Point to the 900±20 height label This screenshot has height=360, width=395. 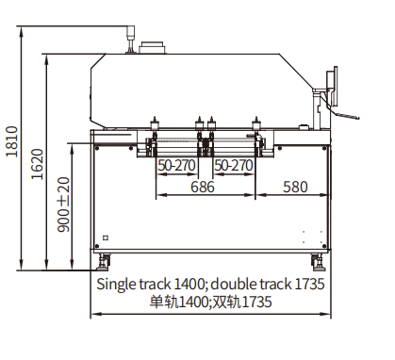coord(63,205)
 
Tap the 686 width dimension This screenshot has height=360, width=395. coord(203,187)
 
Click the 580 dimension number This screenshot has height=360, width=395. coord(295,187)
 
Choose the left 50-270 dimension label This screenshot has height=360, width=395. coord(177,166)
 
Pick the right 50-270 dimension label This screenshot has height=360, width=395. coord(234,166)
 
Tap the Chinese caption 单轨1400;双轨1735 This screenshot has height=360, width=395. coord(210,302)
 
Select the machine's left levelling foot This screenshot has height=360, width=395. coord(105,260)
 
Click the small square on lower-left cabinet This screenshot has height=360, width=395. coord(106,237)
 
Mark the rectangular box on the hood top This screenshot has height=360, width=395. coord(153,47)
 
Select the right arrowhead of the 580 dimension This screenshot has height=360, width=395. coord(331,196)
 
